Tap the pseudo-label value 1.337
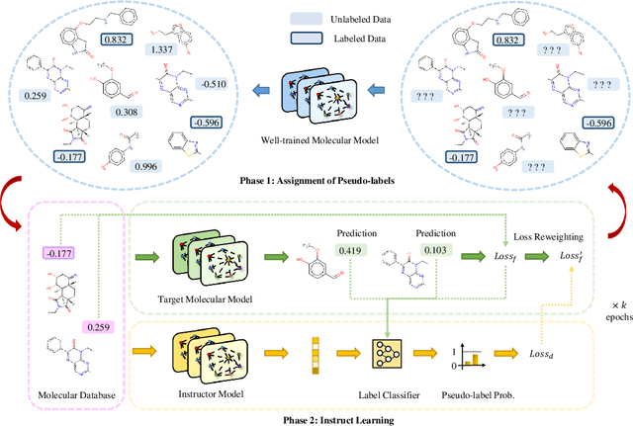click(161, 49)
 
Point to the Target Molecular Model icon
click(205, 257)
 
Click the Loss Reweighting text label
click(549, 237)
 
